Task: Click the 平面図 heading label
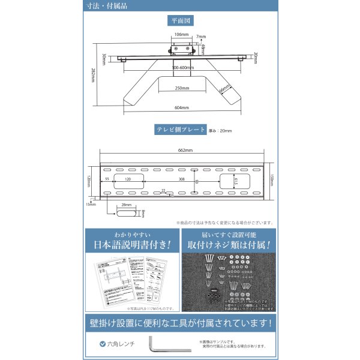pos(181,20)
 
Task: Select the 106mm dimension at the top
pos(173,35)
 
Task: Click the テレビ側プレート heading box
pos(181,130)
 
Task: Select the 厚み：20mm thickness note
pos(220,130)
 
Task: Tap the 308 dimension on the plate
pos(181,179)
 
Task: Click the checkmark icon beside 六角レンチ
pos(103,344)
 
